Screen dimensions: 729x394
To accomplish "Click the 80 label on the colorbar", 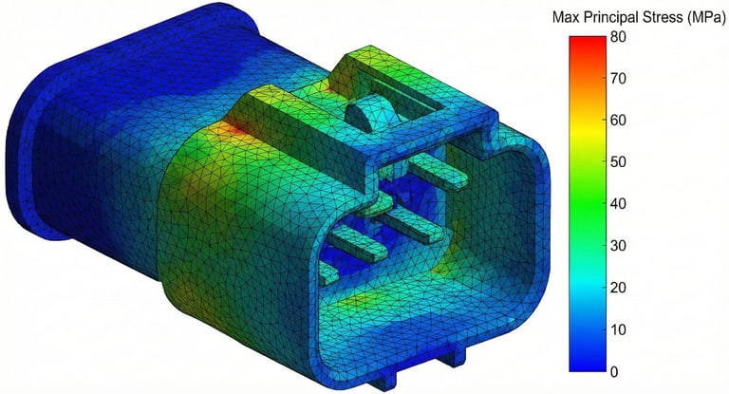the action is (618, 37).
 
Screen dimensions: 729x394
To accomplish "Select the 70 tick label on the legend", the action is (618, 78).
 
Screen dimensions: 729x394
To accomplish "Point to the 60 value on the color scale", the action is (618, 120).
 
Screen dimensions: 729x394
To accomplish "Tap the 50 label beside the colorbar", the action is (618, 162).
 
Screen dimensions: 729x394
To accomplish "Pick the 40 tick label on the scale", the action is (618, 204).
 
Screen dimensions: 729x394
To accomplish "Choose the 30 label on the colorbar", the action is (618, 246).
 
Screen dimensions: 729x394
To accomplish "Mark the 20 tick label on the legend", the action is (618, 288).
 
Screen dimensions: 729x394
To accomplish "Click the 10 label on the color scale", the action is (618, 329).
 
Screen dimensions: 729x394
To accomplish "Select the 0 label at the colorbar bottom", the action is (614, 371).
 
